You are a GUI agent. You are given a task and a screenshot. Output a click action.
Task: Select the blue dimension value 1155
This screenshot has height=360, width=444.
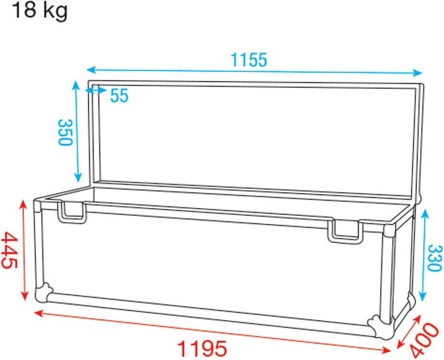[x=248, y=60]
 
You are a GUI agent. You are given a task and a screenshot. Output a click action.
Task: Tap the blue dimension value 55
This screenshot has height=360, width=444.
[x=120, y=96]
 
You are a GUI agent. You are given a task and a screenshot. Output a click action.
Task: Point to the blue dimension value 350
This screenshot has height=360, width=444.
[x=65, y=132]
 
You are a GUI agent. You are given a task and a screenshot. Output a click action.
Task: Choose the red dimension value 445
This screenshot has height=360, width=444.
[x=10, y=250]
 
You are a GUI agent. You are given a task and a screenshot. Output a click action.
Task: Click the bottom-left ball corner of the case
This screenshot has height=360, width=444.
[x=43, y=293]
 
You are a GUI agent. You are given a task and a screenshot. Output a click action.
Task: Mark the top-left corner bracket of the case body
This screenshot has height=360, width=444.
[x=38, y=204]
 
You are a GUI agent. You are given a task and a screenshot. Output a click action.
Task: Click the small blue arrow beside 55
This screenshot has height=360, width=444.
[x=96, y=90]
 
